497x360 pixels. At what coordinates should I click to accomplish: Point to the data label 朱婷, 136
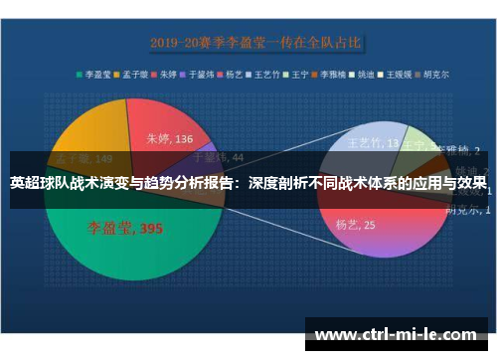pyautogui.click(x=170, y=139)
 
